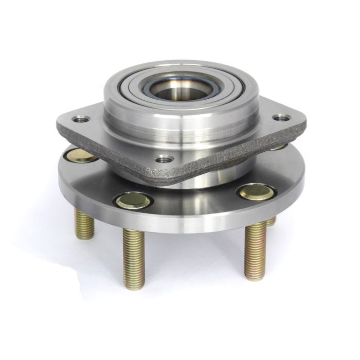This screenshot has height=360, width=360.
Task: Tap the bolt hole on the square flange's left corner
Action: [x=80, y=119]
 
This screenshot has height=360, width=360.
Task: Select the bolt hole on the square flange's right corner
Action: [x=281, y=118]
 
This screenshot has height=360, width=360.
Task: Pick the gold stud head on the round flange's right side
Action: [x=256, y=191]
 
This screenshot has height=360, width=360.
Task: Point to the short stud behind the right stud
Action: [x=271, y=221]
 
